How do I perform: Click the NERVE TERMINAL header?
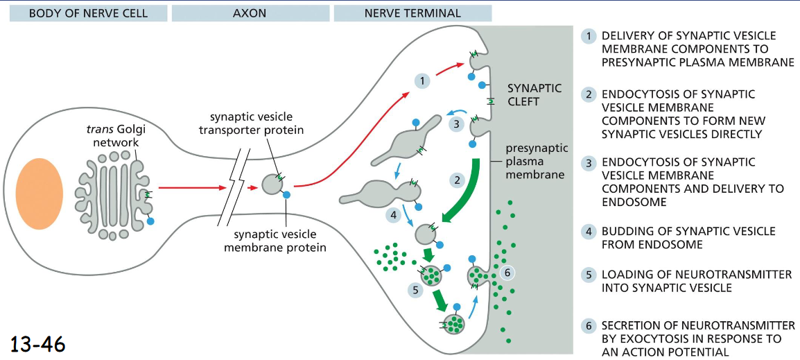(x=412, y=12)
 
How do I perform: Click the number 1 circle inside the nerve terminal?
(x=422, y=80)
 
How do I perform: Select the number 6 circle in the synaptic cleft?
(x=507, y=273)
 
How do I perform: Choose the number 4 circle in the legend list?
(x=589, y=232)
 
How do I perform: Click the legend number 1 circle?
(x=589, y=36)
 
